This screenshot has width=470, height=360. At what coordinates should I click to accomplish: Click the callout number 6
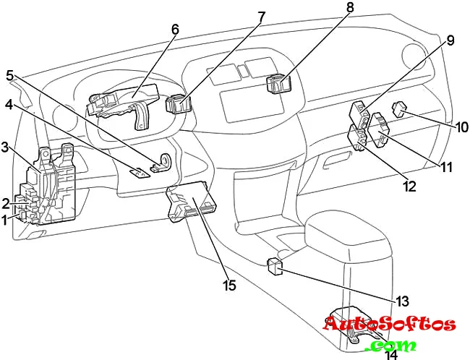[x=175, y=30]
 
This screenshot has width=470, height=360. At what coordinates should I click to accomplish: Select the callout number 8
[x=350, y=9]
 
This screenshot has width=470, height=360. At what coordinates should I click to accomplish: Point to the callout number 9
[x=450, y=41]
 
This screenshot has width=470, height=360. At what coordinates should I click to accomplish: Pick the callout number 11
[x=446, y=167]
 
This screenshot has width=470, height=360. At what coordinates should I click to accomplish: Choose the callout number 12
[x=410, y=187]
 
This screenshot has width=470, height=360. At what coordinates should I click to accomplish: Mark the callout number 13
[x=402, y=300]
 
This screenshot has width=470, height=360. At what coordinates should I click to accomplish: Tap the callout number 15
[x=229, y=286]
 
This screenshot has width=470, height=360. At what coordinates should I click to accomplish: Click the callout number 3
[x=5, y=148]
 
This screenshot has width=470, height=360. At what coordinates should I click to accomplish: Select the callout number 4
[x=9, y=104]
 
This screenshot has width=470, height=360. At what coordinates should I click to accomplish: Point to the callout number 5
[x=10, y=75]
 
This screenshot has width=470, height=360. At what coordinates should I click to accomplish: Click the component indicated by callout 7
[x=177, y=106]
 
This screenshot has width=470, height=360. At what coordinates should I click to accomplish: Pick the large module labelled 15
[x=192, y=202]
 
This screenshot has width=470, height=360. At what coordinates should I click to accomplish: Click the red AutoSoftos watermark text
[x=389, y=325]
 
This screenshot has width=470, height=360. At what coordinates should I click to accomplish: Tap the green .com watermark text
[x=390, y=345]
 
